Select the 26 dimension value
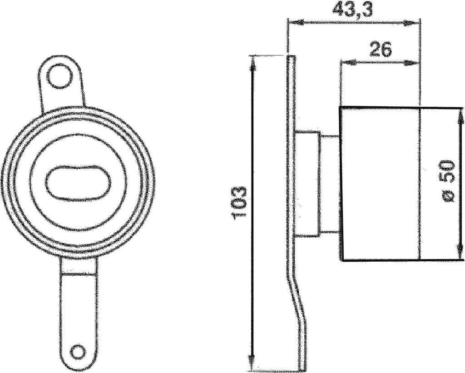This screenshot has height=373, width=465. [x=380, y=50]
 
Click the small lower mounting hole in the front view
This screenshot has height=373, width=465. [x=78, y=352]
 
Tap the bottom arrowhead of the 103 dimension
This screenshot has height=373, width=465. [x=252, y=361]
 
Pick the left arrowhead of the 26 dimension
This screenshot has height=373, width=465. [x=345, y=62]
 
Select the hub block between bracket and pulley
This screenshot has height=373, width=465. [x=309, y=184]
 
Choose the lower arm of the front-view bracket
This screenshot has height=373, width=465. [x=78, y=309]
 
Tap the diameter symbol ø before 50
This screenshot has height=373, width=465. [x=448, y=196]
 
